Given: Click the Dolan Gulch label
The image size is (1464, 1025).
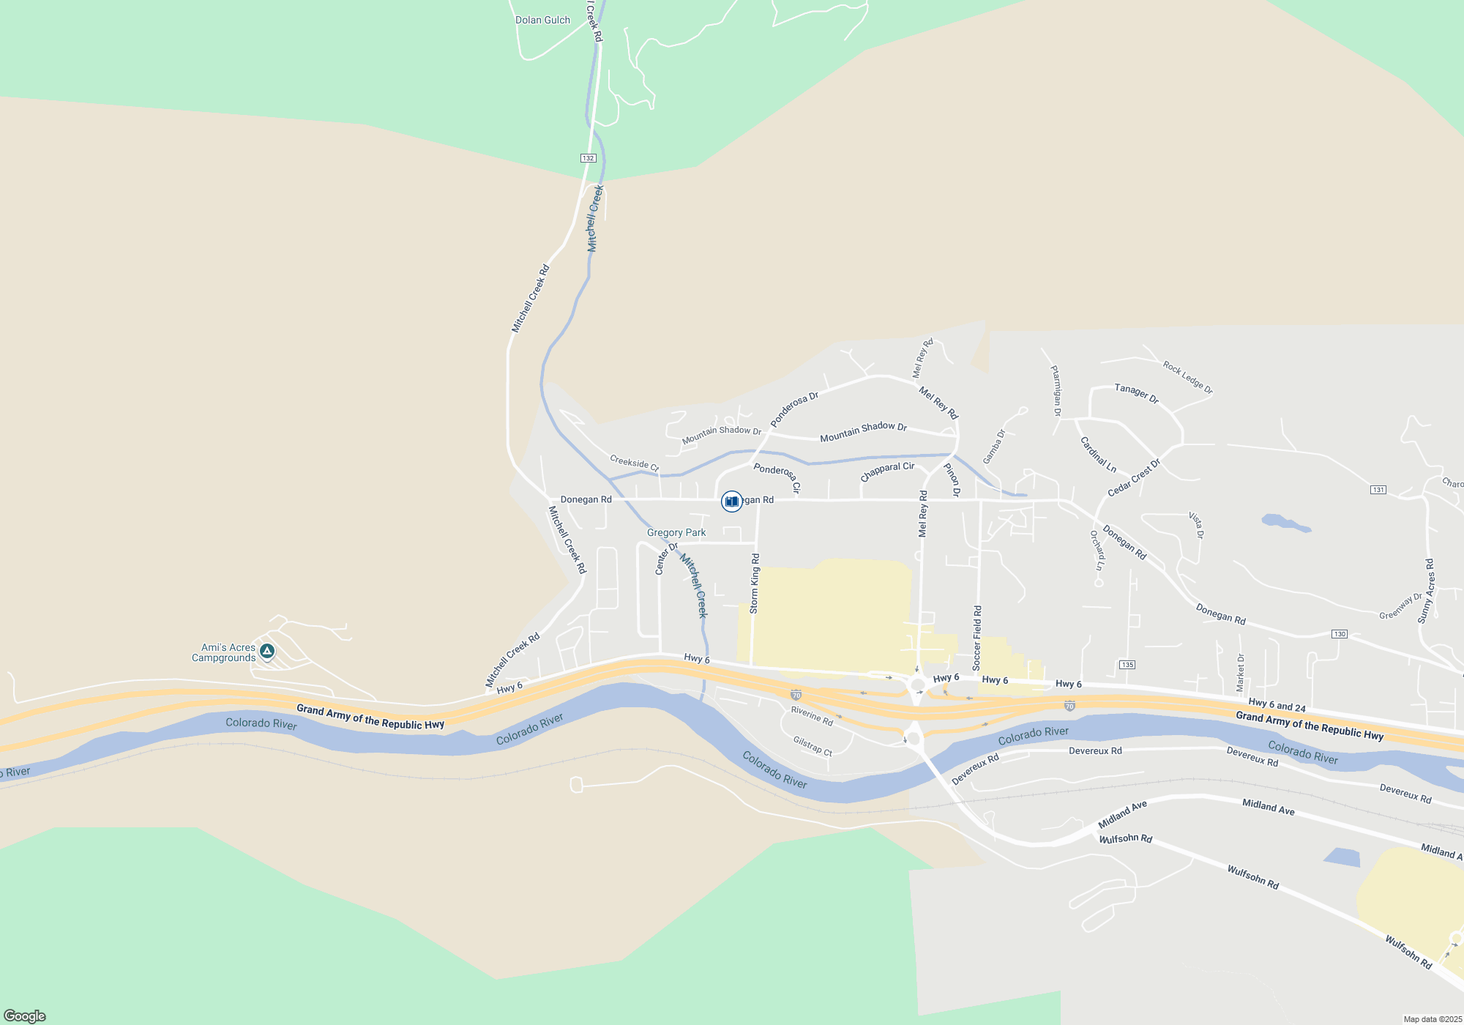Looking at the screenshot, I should [x=542, y=20].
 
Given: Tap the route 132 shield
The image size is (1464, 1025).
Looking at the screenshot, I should [x=589, y=158].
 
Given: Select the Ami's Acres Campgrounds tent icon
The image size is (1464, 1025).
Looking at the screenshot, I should [x=267, y=651].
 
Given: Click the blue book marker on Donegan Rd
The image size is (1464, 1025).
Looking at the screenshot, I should [x=731, y=502].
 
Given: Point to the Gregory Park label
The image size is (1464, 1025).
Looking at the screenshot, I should [x=676, y=533].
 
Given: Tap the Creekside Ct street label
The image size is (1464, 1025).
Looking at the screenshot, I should [x=634, y=463].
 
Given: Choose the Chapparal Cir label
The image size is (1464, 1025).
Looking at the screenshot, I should [x=887, y=471].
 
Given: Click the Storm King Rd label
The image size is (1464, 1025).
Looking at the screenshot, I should [x=755, y=584].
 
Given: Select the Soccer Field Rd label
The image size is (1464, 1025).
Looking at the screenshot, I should [x=977, y=638].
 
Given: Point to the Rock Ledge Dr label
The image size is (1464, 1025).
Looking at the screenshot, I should [x=1187, y=377].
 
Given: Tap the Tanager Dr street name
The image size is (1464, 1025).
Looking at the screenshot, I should [x=1136, y=393].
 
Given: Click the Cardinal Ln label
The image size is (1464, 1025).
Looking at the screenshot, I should [x=1098, y=455].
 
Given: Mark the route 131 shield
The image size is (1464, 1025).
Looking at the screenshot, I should [x=1378, y=490].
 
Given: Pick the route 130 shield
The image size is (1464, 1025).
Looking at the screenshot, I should [x=1340, y=634].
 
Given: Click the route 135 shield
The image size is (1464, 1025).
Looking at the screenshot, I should [x=1127, y=665].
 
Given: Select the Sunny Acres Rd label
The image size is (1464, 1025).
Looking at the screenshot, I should [x=1427, y=591].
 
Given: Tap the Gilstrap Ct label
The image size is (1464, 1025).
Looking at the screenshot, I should [x=813, y=746].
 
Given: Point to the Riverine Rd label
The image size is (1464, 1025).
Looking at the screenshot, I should [x=812, y=716].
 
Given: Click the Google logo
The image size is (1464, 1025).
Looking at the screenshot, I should [x=25, y=1016].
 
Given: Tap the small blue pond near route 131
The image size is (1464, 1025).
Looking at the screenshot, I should [x=1285, y=523].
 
